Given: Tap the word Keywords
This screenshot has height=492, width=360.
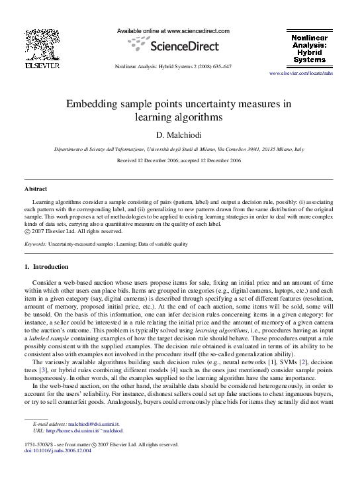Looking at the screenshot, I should click(x=34, y=244).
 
